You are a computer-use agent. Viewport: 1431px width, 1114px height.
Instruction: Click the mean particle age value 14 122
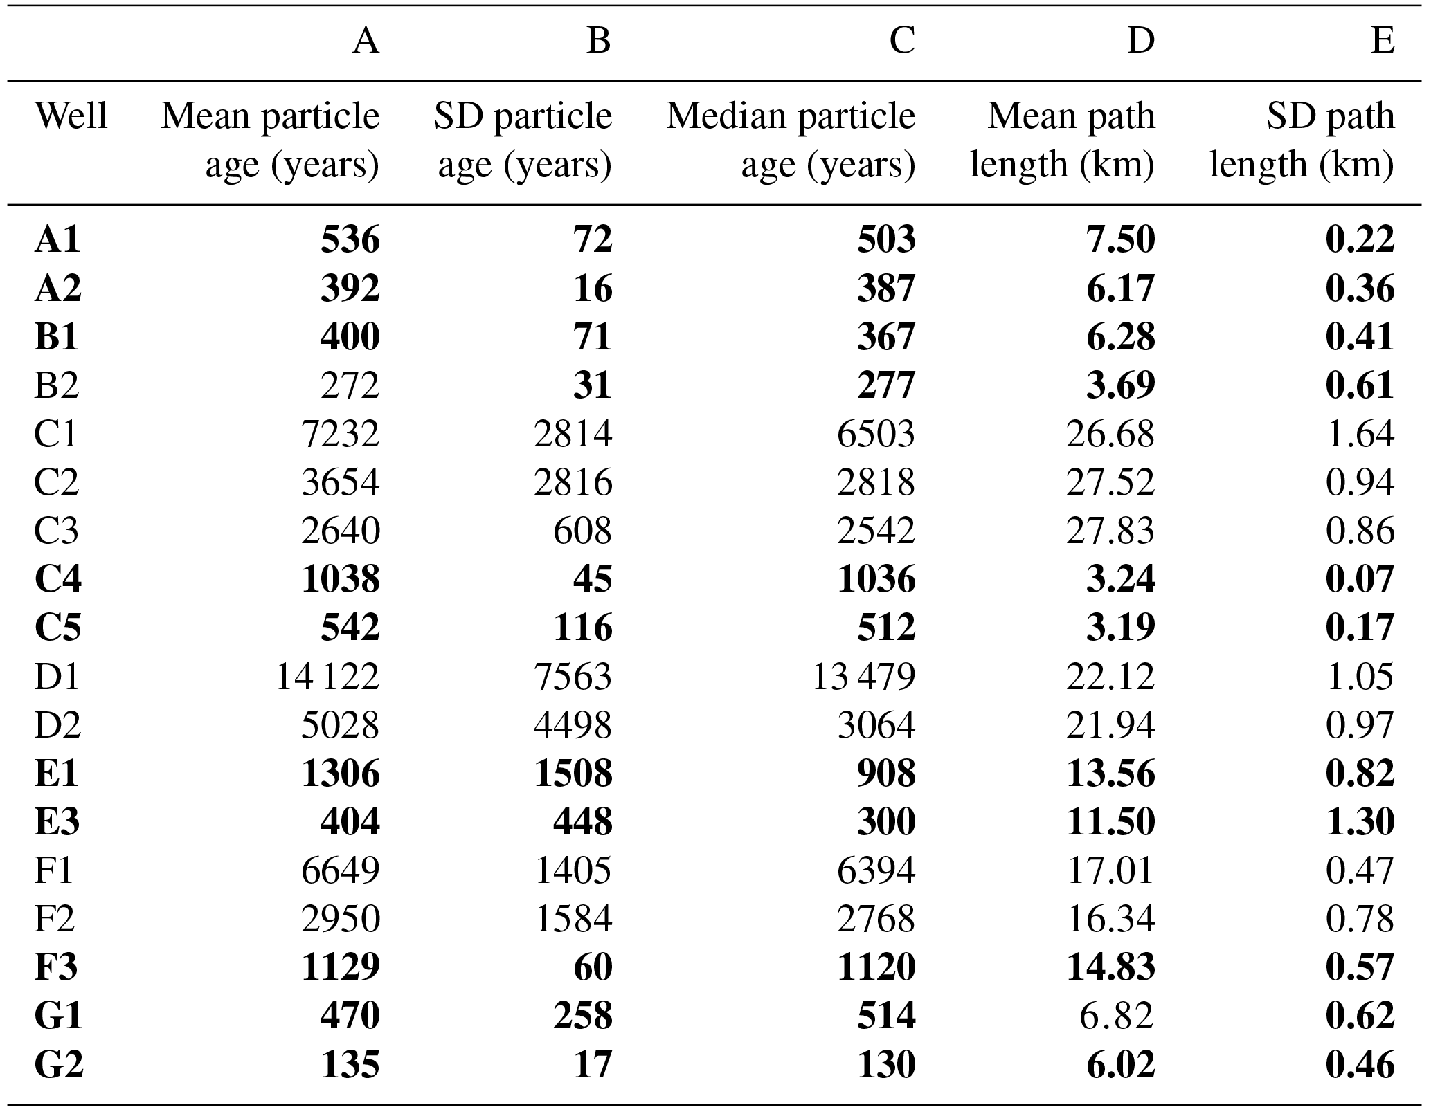click(327, 676)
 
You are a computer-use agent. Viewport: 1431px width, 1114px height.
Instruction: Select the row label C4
click(57, 578)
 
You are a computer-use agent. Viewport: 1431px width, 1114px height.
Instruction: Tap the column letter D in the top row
click(1141, 42)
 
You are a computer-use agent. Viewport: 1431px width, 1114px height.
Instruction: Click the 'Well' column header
click(71, 116)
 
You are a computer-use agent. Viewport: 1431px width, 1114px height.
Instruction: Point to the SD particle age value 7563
click(573, 676)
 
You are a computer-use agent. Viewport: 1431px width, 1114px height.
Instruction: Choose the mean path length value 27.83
click(1110, 531)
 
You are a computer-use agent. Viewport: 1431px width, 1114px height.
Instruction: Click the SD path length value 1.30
click(1360, 822)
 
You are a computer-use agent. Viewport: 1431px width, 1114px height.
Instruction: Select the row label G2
click(59, 1064)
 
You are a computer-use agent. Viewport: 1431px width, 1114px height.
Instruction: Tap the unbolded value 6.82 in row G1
click(1116, 1016)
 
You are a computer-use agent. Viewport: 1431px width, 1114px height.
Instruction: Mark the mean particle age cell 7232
click(340, 434)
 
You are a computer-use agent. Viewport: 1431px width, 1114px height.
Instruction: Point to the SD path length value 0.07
click(1360, 578)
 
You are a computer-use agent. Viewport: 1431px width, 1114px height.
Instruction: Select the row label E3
click(57, 822)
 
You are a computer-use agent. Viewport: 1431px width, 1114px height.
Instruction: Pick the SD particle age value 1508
click(573, 773)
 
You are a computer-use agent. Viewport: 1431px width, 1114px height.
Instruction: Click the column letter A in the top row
click(366, 42)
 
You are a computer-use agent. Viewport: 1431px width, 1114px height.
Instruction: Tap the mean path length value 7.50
click(1120, 239)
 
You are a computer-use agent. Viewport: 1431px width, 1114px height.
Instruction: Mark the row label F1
click(53, 870)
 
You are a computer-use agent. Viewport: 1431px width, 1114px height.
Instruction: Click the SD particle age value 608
click(582, 531)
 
